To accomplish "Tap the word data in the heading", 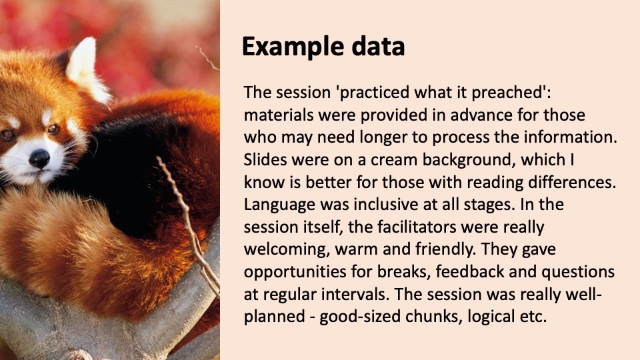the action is pos(378,46).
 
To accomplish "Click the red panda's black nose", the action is pos(39,159).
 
